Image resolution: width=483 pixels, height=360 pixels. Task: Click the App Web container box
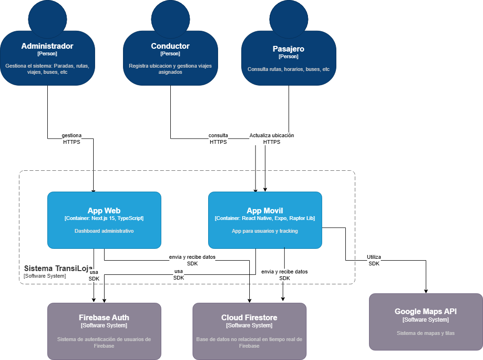(104, 220)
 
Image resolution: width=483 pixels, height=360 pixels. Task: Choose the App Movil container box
(265, 220)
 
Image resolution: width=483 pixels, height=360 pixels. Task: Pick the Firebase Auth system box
(104, 331)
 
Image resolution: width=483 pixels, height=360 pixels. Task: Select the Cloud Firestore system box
(249, 331)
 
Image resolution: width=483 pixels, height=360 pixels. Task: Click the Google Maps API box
(426, 322)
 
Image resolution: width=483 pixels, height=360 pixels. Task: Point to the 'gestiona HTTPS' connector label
(71, 139)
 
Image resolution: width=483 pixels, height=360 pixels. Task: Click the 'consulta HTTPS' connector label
(218, 139)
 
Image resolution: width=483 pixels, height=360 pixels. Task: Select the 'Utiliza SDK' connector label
(374, 260)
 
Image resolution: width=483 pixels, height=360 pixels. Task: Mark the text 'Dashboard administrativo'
(104, 231)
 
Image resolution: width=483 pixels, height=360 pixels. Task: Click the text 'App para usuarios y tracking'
(265, 231)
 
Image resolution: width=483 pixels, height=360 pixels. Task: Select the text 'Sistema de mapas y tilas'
(426, 333)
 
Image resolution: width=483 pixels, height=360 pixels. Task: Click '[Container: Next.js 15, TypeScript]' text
(104, 219)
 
